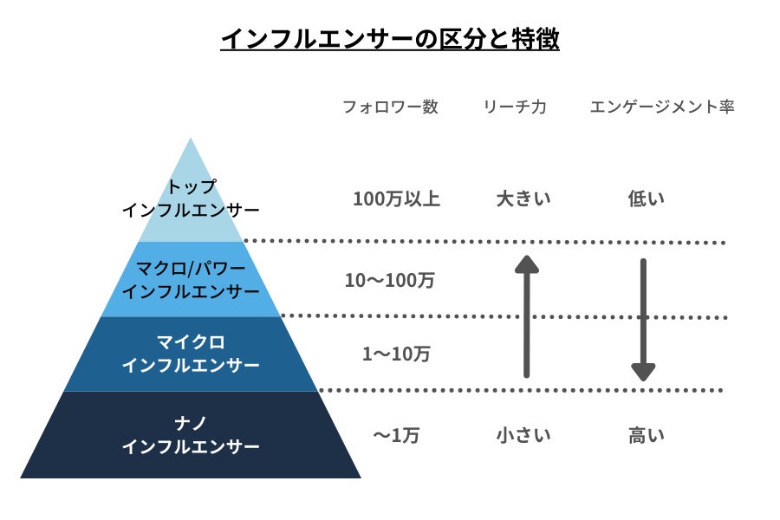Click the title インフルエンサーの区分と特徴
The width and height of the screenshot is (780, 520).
(x=389, y=39)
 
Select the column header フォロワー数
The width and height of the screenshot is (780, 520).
(x=390, y=107)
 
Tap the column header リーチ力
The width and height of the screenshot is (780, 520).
(x=515, y=107)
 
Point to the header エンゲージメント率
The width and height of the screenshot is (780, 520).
(x=662, y=107)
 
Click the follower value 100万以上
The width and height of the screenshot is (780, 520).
(x=396, y=199)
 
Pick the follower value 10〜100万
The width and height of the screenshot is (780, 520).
(x=389, y=281)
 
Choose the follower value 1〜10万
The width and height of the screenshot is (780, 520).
(x=396, y=354)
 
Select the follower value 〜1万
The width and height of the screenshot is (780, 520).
(x=396, y=436)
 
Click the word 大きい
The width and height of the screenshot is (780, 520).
(x=523, y=199)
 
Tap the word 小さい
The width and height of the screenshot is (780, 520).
(x=523, y=436)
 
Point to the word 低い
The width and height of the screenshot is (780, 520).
(x=646, y=199)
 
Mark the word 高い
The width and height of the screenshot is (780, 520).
(x=646, y=436)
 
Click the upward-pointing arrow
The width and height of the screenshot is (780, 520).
(x=527, y=316)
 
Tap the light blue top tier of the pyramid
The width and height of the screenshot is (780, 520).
(x=191, y=208)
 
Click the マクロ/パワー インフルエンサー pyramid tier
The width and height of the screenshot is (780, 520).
(x=191, y=279)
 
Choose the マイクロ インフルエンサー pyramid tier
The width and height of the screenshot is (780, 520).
(x=191, y=354)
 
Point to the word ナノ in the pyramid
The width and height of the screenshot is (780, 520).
(x=191, y=423)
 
